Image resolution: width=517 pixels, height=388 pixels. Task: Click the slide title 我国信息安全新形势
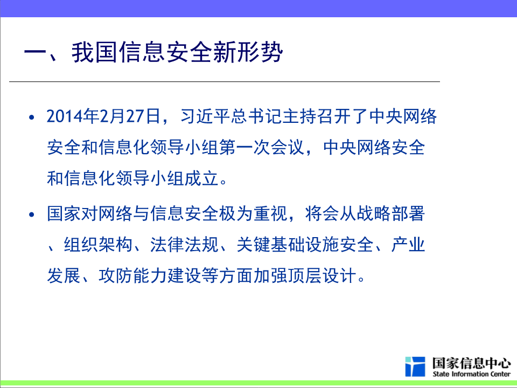coord(177,52)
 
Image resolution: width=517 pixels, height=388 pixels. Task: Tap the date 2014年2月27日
coord(103,116)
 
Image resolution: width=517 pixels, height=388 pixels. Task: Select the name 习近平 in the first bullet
coord(205,116)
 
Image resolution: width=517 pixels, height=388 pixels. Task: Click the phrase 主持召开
coord(316,116)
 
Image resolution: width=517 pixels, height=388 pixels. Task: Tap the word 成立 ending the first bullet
coord(201,178)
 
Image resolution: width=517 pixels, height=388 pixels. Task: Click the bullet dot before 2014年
coord(32,117)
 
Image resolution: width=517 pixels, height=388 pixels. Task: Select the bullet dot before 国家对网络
coord(32,215)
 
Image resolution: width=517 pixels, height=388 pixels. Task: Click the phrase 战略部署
coord(391,213)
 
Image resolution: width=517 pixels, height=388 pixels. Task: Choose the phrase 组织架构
coord(98,245)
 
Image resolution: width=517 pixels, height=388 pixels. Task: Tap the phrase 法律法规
coord(184,245)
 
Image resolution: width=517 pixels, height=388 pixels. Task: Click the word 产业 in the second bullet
coord(408,245)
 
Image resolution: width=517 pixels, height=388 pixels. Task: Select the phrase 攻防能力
coord(132,275)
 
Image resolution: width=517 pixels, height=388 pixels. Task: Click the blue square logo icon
coord(415,366)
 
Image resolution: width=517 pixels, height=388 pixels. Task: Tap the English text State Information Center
coord(472,374)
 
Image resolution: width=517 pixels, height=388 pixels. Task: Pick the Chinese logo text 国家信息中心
coord(472,363)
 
